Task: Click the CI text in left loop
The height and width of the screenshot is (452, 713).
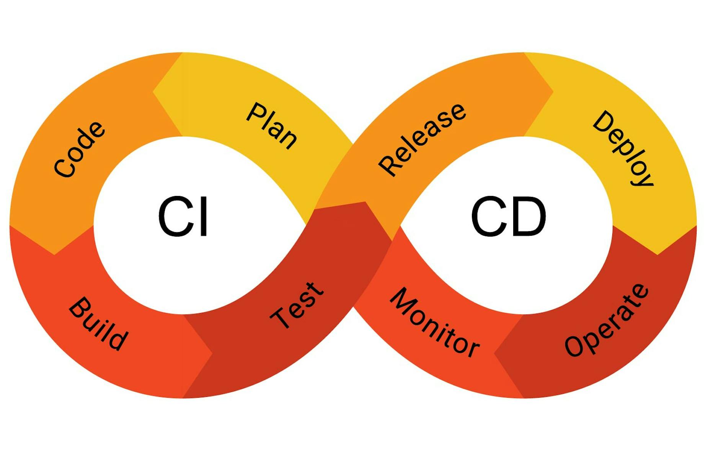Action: click(183, 217)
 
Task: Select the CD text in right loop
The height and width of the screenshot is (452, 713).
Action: click(508, 217)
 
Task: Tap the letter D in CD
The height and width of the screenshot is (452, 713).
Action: click(529, 217)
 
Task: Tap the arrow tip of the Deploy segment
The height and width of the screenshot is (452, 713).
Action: click(657, 254)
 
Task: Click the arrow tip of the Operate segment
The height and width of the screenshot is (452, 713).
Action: click(494, 353)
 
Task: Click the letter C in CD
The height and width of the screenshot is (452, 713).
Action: click(488, 217)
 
